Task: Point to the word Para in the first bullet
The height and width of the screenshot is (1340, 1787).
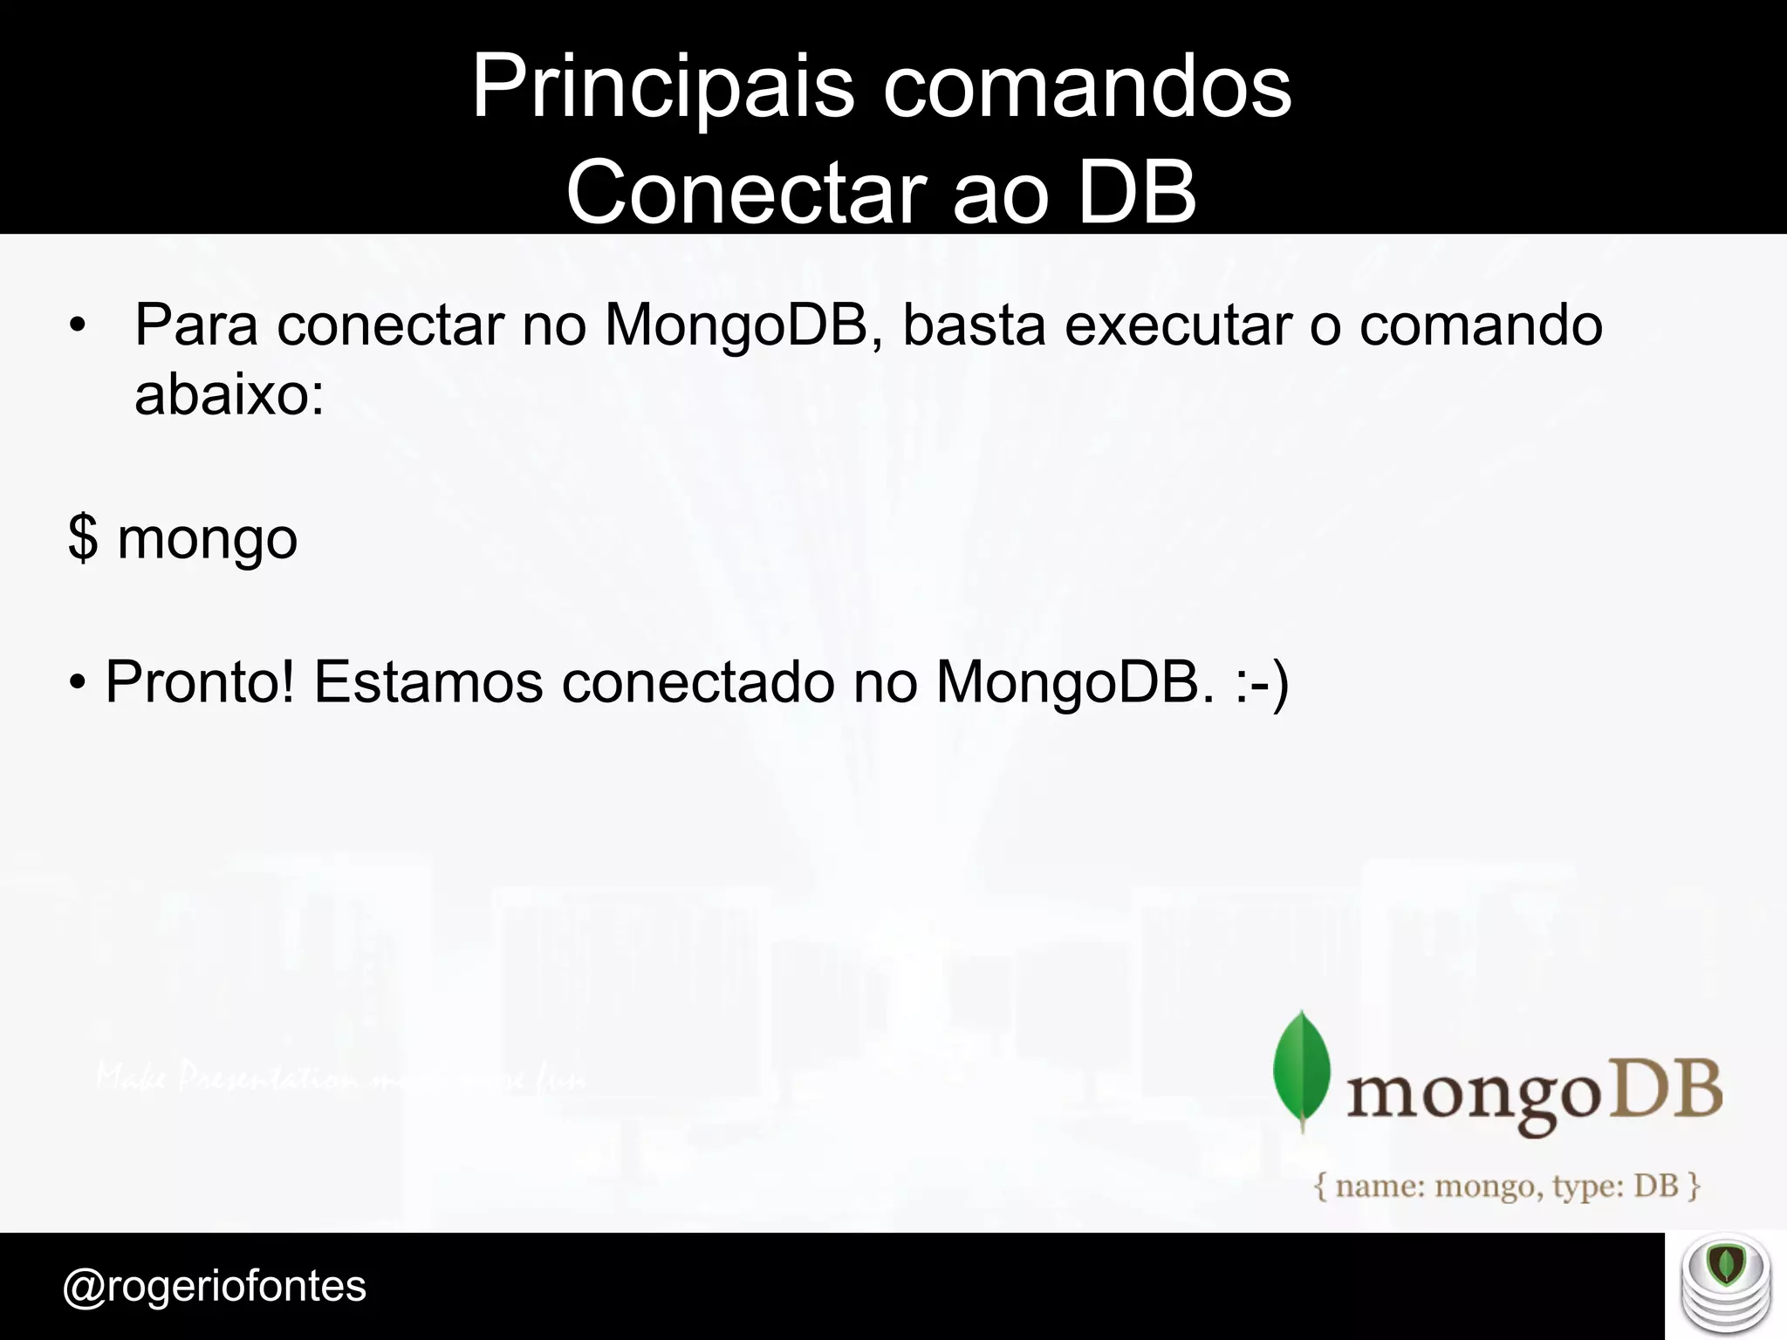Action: pyautogui.click(x=196, y=325)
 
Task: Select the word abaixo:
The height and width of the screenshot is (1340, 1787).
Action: pyautogui.click(x=229, y=394)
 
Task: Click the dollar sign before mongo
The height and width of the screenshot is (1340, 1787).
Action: pyautogui.click(x=82, y=539)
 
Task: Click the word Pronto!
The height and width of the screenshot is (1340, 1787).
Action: pyautogui.click(x=200, y=681)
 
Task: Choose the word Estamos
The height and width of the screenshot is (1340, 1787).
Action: pyautogui.click(x=428, y=681)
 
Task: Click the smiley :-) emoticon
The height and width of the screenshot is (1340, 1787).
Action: pyautogui.click(x=1262, y=683)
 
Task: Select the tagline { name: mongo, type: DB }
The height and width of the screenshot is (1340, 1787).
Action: pyautogui.click(x=1507, y=1186)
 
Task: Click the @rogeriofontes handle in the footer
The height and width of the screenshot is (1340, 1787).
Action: pyautogui.click(x=215, y=1286)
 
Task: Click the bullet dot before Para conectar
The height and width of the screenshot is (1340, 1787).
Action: pyautogui.click(x=79, y=326)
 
